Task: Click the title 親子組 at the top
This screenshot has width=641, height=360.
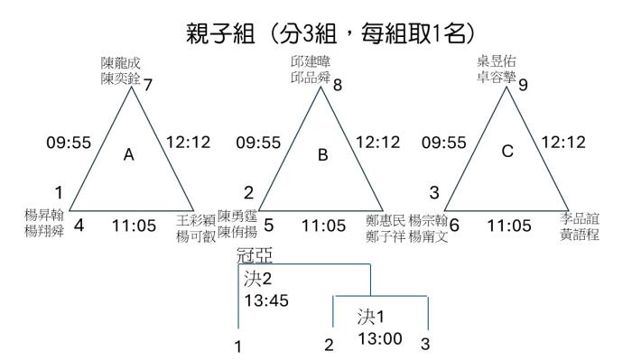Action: coord(221,33)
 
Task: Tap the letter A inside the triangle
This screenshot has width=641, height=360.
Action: coord(129,155)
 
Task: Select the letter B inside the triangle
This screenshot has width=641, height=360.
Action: coord(323,155)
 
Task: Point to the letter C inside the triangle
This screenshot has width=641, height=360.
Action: coord(507,152)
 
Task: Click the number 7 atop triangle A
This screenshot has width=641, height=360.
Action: coord(147,85)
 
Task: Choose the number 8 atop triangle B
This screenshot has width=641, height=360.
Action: coord(338,85)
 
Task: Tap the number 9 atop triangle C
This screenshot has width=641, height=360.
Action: coord(523,85)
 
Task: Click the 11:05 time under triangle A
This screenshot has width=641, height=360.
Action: coord(135,226)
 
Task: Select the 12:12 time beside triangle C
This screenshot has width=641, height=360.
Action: coord(563,143)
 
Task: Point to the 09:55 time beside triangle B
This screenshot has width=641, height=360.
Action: coord(258,143)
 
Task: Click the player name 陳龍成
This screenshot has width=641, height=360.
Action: coord(121,63)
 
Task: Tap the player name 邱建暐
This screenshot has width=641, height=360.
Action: coord(311,61)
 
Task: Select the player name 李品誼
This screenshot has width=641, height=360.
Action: coord(580,218)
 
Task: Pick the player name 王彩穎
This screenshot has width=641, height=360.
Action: coord(196,220)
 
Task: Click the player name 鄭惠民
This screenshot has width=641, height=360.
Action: coord(386,221)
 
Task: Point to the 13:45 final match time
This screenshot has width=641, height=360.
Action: coord(266,300)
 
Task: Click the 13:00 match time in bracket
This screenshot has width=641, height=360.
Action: coord(380,338)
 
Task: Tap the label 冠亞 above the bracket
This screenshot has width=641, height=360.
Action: coord(255,256)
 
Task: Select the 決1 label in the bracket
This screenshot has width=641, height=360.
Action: coord(371,317)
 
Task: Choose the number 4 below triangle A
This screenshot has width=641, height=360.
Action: coord(79,226)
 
